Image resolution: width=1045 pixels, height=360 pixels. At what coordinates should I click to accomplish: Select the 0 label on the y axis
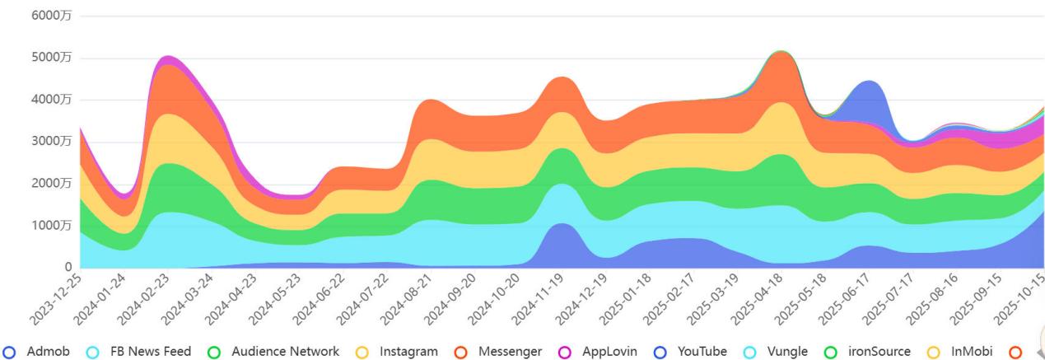pos(68,267)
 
